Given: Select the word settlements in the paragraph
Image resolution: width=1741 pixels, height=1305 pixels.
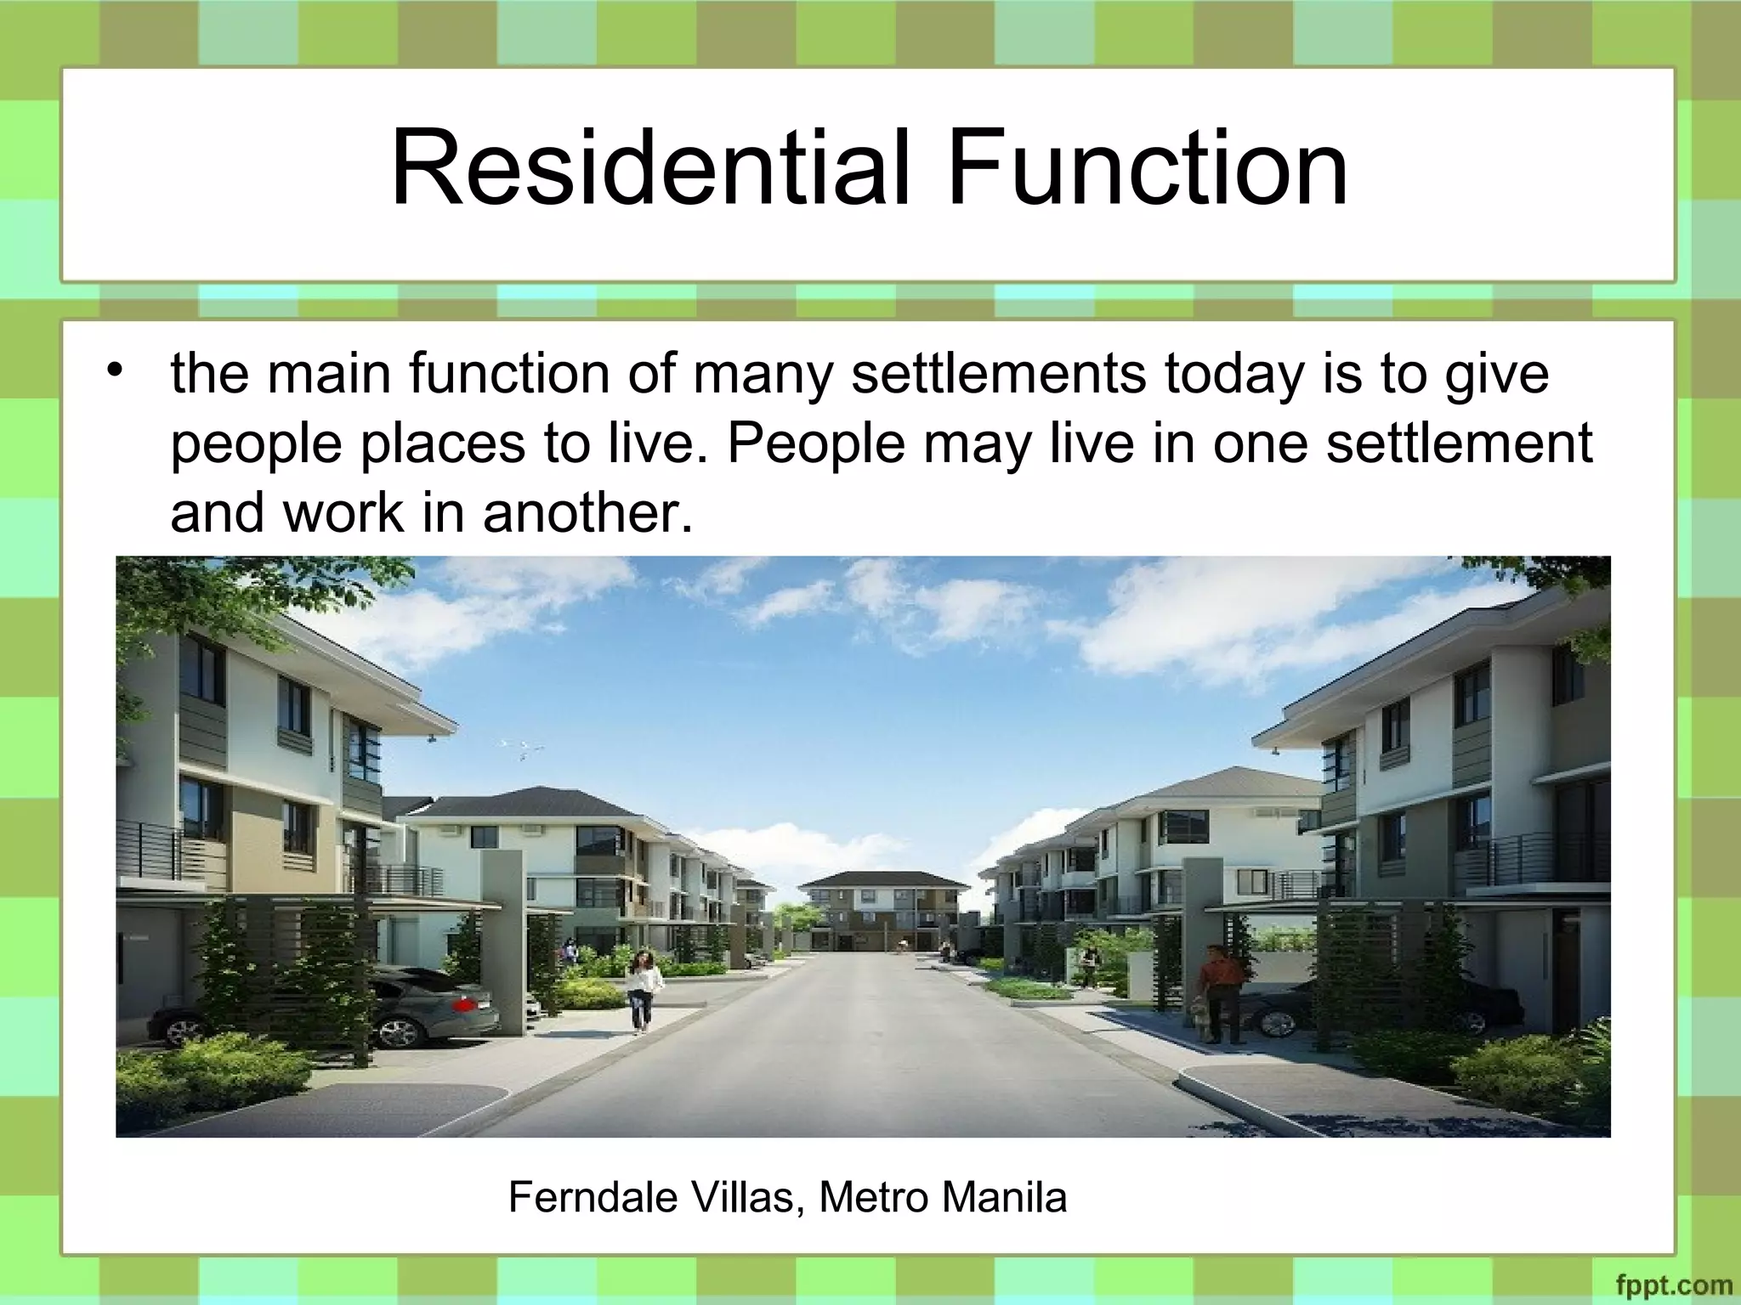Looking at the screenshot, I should click(999, 374).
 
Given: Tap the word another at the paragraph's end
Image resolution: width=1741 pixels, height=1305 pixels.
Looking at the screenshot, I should click(587, 512).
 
